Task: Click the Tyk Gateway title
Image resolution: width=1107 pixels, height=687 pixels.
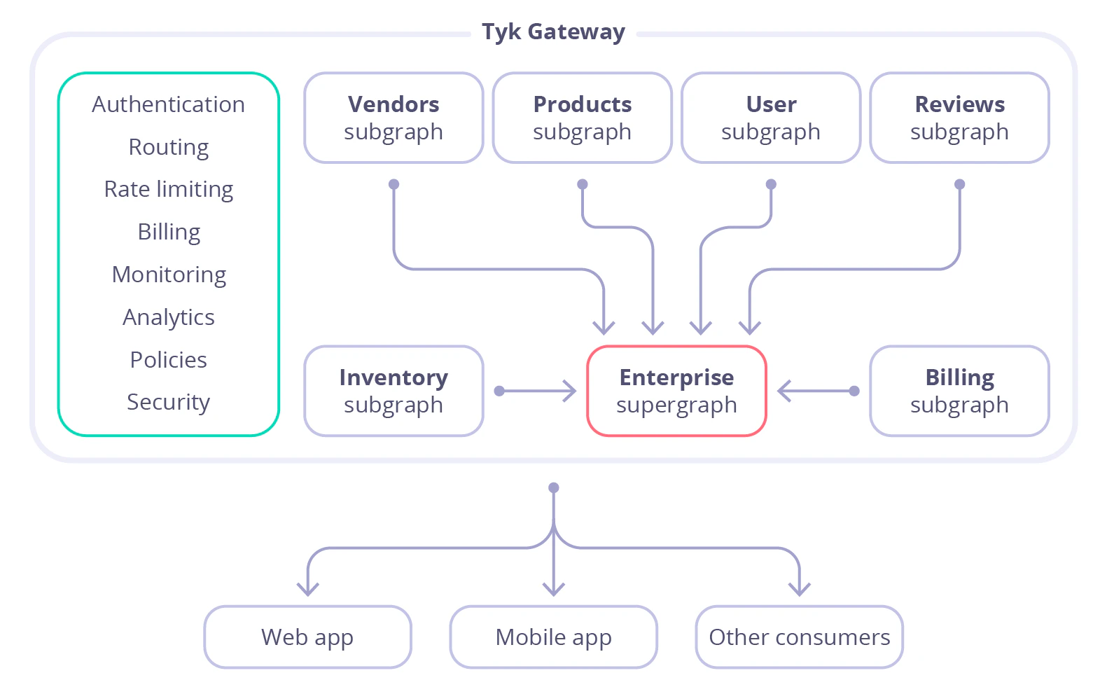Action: (x=553, y=32)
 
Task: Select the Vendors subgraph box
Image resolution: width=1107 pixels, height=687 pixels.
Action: (x=394, y=118)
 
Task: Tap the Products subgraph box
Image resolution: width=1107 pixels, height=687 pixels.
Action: (x=582, y=118)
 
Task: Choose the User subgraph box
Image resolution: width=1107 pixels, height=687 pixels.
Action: (x=770, y=118)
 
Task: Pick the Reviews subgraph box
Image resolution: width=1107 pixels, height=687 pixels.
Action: (x=959, y=118)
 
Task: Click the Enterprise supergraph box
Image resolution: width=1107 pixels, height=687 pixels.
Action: (x=676, y=391)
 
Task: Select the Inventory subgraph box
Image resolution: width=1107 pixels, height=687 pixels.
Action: (x=394, y=391)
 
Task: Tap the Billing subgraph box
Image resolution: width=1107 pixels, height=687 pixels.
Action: (x=959, y=391)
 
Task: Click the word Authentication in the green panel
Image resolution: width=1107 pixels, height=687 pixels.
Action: (x=168, y=104)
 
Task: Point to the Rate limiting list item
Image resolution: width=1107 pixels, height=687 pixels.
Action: (x=168, y=189)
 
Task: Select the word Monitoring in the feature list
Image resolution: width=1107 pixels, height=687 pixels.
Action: (x=168, y=275)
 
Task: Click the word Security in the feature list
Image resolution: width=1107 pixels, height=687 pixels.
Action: (x=168, y=402)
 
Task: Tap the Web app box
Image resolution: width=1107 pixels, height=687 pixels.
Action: (x=307, y=637)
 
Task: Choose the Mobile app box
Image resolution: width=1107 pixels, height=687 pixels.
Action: (x=553, y=637)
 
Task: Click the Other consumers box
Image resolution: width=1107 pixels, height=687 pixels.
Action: (x=799, y=637)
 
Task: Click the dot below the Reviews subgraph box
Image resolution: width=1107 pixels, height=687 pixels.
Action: (x=959, y=184)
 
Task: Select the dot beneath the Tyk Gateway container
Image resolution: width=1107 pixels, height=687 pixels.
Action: (x=553, y=487)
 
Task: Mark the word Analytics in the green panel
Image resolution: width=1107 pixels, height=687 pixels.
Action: (x=168, y=317)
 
